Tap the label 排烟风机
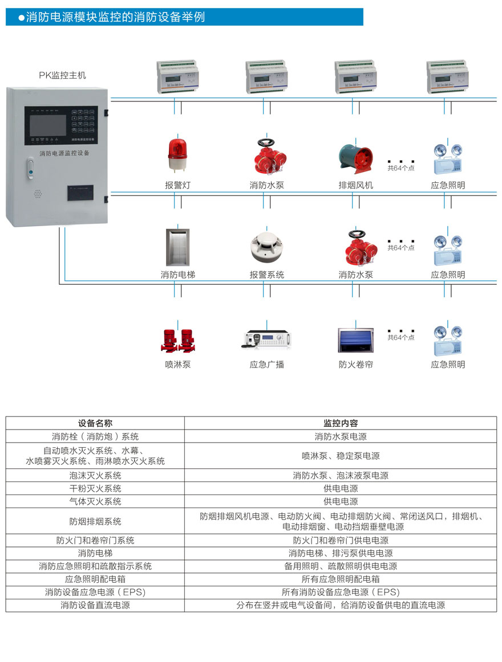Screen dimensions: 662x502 coord(355,185)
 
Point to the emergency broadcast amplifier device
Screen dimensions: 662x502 coord(266,338)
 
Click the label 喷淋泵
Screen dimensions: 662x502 coord(177,364)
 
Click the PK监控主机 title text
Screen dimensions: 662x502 coord(62,75)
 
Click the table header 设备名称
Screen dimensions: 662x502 coord(95,423)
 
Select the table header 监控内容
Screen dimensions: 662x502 coord(341,423)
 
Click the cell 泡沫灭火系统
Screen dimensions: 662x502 coord(95,475)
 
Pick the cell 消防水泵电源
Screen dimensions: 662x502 coord(341,436)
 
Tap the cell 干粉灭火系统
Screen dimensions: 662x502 coord(95,488)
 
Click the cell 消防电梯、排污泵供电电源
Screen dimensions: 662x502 coord(341,553)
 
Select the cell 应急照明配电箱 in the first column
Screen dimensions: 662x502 coord(95,579)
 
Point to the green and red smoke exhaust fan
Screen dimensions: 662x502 coord(355,155)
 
